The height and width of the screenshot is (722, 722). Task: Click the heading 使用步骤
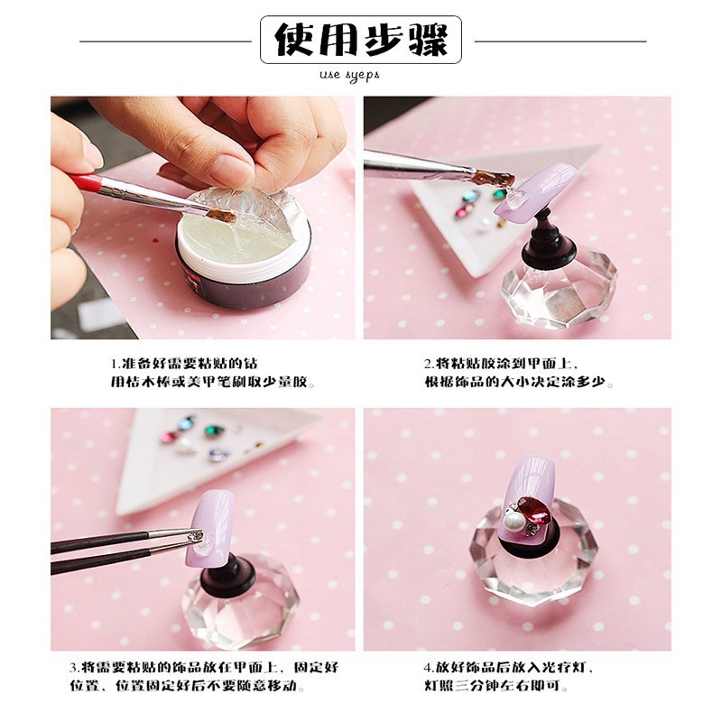(360, 40)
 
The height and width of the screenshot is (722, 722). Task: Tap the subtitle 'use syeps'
(349, 75)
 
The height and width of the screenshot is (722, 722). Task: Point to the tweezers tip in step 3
(198, 535)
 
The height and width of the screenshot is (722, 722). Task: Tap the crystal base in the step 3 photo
(238, 604)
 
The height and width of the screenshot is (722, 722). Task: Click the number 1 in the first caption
(115, 364)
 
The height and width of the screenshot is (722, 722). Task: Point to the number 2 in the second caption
(428, 364)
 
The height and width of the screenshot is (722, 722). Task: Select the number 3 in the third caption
(74, 667)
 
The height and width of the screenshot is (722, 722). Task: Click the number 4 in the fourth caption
(428, 667)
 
